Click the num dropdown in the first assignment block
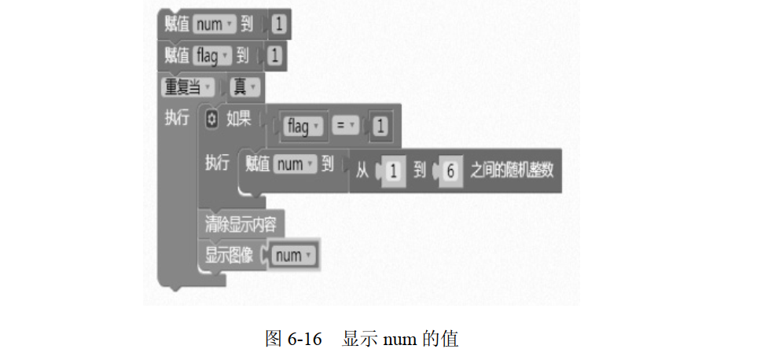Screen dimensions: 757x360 coord(214,24)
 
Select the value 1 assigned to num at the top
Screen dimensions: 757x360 coord(280,25)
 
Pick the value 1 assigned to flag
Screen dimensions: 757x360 coord(274,56)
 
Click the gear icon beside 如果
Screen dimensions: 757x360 coord(211,119)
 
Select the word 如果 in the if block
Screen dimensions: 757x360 coord(238,119)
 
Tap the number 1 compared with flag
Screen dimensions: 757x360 coord(380,126)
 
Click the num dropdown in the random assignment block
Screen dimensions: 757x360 coord(296,165)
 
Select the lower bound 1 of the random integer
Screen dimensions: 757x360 coord(392,170)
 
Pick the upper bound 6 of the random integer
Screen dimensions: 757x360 coord(449,170)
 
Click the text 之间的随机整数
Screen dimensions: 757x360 coord(512,169)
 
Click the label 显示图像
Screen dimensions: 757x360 coord(229,255)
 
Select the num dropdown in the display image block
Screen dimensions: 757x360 coord(293,255)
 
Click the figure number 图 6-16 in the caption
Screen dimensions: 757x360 coord(295,339)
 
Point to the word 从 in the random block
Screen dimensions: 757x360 coord(362,169)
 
